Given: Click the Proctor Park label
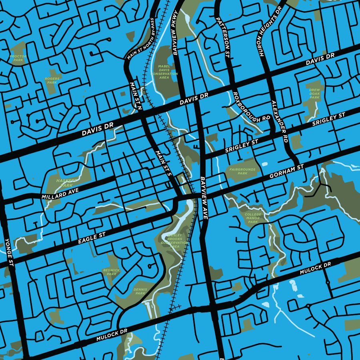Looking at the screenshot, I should coord(18,58).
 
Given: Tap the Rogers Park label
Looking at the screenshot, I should coord(52,81).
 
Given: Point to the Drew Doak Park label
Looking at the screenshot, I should coord(315,94).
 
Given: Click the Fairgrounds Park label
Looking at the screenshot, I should coord(242,172).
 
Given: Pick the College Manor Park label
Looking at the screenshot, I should coord(253,218).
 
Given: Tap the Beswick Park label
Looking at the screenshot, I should coord(112,272).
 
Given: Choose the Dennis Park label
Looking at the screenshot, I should coord(140,291).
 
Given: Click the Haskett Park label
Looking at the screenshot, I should coord(64,183).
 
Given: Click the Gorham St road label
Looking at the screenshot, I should coord(287,171).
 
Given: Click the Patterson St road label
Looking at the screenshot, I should coord(224,36).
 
